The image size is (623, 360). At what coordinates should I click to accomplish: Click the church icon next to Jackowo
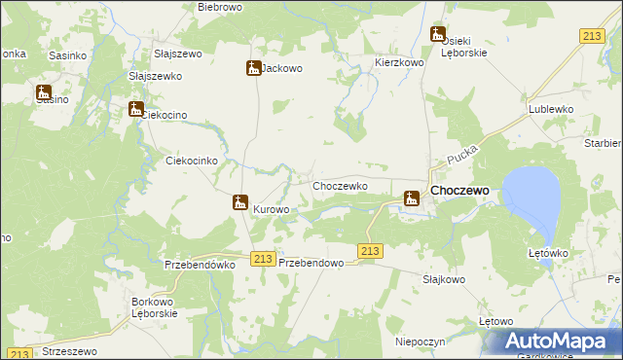[x=253, y=68]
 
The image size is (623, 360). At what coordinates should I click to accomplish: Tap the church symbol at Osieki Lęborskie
[x=438, y=34]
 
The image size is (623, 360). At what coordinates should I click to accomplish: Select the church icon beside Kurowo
[x=239, y=202]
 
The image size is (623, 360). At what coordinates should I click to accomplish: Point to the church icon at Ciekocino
[x=136, y=109]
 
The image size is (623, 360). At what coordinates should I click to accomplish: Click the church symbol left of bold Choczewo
[x=412, y=198]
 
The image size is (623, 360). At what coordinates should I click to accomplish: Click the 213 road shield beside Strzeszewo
[x=20, y=354]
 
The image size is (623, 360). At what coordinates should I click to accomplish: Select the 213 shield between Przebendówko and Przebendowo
[x=260, y=258]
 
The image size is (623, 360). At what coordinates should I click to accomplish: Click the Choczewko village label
[x=339, y=185]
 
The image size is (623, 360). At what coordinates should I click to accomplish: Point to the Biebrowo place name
[x=219, y=7]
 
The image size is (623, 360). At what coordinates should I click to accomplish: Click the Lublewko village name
[x=550, y=110]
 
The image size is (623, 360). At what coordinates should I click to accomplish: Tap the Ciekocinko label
[x=198, y=161]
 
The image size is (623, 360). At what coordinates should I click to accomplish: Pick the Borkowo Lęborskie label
[x=154, y=307]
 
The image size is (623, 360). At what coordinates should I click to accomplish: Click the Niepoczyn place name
[x=421, y=342]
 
